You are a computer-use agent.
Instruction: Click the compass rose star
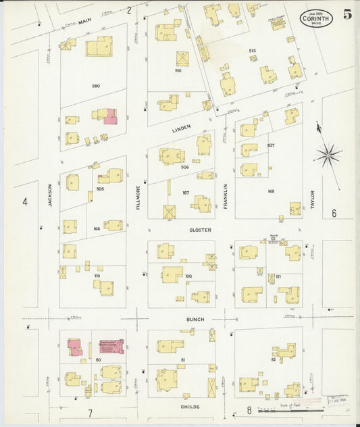click(328, 155)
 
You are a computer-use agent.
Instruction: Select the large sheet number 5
click(346, 15)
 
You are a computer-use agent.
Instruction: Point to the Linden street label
click(180, 126)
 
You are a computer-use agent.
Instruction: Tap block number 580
click(96, 86)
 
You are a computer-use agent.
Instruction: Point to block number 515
click(252, 51)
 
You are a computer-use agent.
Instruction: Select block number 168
click(271, 191)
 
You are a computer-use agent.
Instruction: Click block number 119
click(97, 276)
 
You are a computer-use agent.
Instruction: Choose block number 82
click(274, 359)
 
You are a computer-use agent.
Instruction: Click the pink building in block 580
click(109, 118)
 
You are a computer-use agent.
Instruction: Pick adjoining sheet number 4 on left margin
click(25, 201)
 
